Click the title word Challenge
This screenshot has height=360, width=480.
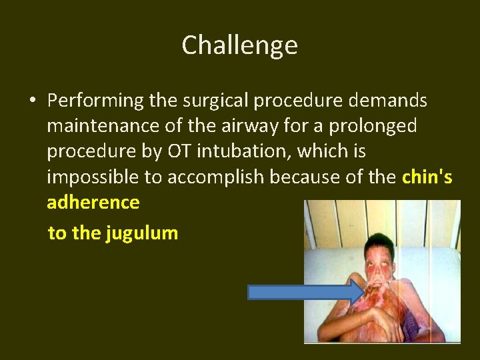239,46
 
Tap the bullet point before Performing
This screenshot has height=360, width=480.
32,101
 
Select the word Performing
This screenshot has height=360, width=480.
95,101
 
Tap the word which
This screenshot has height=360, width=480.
323,152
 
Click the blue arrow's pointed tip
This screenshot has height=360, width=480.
361,293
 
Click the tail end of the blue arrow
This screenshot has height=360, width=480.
251,293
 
